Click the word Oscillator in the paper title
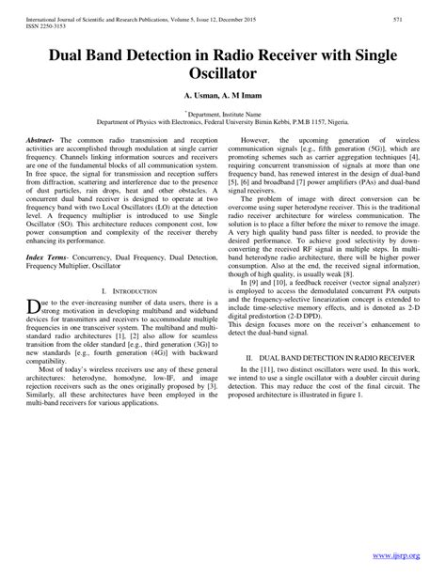click(x=223, y=71)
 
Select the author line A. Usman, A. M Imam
click(x=223, y=96)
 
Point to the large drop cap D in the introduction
click(x=33, y=311)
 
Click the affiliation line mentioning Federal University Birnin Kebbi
click(x=223, y=120)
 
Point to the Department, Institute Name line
click(x=223, y=112)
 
